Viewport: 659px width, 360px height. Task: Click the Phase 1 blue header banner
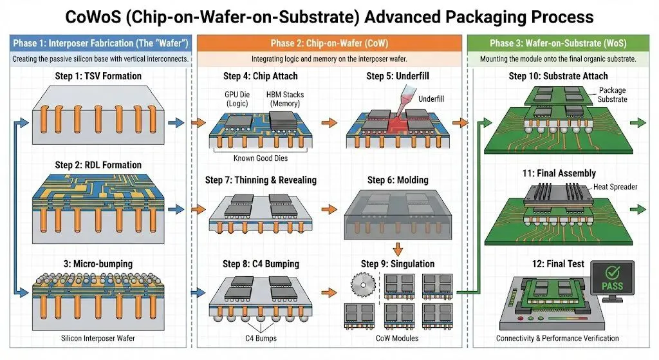click(x=100, y=43)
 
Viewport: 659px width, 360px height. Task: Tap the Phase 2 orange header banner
click(x=329, y=43)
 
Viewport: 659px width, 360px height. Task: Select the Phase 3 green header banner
click(x=558, y=43)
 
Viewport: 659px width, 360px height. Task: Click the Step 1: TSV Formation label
click(x=98, y=76)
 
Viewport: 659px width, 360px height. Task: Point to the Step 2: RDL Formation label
click(x=98, y=165)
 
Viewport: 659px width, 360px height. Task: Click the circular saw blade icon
click(x=363, y=285)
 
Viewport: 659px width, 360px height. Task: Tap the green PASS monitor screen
click(x=613, y=279)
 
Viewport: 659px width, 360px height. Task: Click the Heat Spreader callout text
click(x=615, y=187)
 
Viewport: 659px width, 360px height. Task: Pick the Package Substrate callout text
click(x=613, y=95)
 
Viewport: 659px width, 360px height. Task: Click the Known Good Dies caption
click(x=261, y=158)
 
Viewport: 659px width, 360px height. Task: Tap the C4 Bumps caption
click(x=261, y=338)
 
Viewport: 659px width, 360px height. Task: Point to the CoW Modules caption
click(x=397, y=338)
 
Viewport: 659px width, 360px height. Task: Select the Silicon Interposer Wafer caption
click(x=98, y=338)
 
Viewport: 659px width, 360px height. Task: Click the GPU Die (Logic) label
click(x=237, y=99)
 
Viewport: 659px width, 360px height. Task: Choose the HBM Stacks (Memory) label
click(x=285, y=99)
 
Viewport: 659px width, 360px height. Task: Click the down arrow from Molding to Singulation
click(x=398, y=249)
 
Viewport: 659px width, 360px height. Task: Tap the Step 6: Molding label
click(x=398, y=180)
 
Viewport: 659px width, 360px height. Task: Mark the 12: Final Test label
click(x=558, y=263)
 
